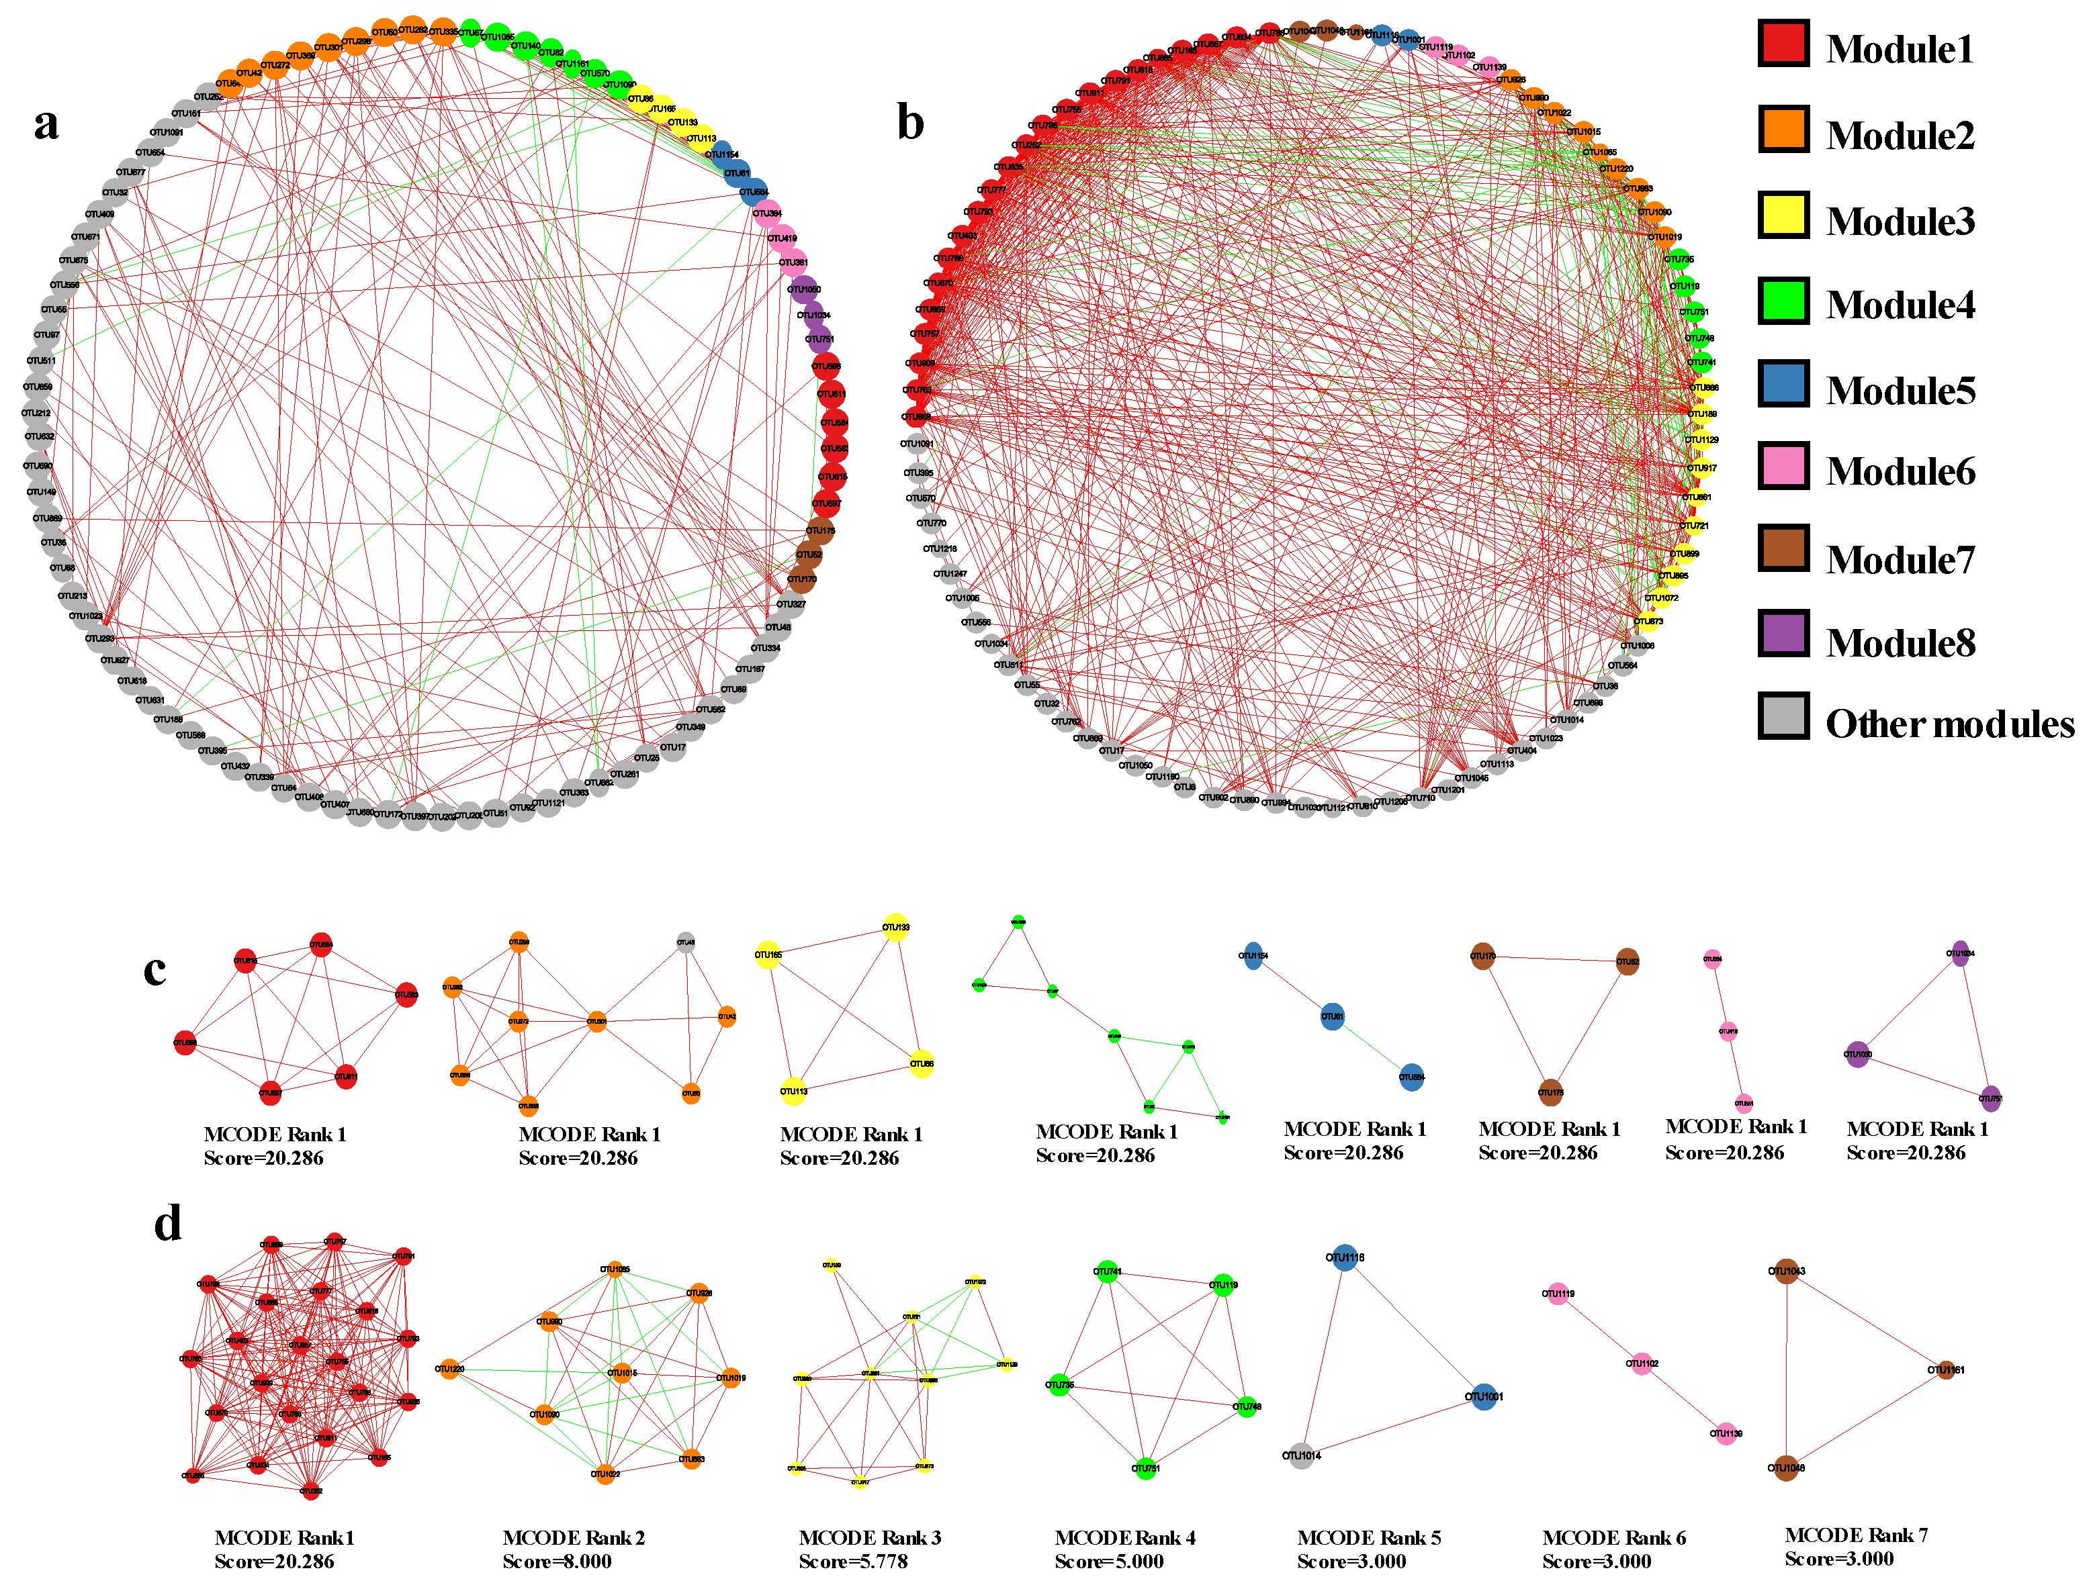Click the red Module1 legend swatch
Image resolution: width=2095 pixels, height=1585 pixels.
click(1783, 44)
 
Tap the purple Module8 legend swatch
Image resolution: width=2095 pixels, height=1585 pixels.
click(1783, 634)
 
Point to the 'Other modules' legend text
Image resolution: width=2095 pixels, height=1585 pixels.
click(1949, 724)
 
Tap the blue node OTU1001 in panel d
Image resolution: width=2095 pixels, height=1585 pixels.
click(1484, 1396)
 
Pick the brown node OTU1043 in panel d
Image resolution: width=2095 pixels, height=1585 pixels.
click(1786, 1271)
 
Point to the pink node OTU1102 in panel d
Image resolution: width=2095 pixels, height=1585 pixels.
click(1642, 1363)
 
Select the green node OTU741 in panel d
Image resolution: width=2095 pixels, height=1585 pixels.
click(1107, 1271)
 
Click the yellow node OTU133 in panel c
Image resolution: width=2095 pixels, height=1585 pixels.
click(896, 927)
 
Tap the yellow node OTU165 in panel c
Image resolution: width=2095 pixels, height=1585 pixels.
click(768, 955)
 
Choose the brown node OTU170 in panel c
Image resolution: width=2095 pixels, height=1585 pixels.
click(1482, 956)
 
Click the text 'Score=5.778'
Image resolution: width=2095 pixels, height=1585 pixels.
click(852, 1562)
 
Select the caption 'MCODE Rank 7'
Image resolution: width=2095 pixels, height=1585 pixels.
click(1855, 1535)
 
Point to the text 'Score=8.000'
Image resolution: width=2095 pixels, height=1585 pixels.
click(557, 1562)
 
